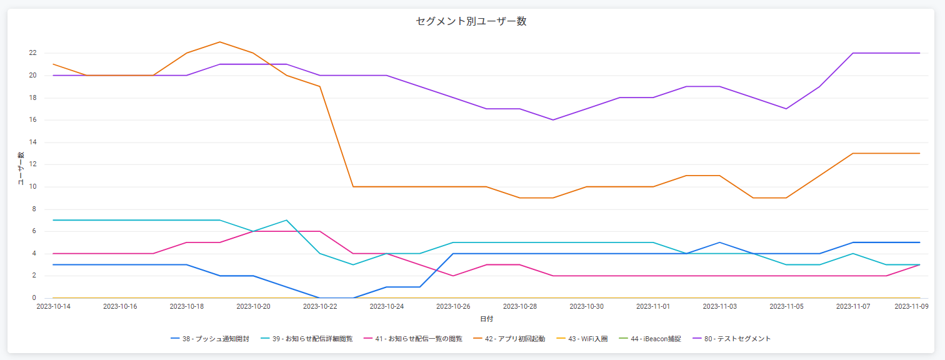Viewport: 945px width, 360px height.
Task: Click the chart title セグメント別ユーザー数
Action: tap(471, 21)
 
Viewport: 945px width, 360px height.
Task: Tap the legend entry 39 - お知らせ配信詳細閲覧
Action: tap(312, 339)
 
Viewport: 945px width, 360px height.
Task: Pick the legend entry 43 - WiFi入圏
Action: tap(587, 339)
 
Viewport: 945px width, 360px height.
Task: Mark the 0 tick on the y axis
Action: tap(34, 298)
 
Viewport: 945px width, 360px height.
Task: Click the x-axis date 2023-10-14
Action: tap(54, 307)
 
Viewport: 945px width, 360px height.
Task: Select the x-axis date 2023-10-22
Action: tap(320, 307)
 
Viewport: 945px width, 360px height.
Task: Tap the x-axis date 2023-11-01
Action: tap(653, 307)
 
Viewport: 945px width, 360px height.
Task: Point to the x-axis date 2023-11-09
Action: tap(911, 307)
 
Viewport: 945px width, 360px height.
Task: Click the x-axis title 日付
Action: tap(486, 319)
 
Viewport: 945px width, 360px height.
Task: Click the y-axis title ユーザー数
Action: tap(21, 169)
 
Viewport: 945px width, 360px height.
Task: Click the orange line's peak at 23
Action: tap(220, 42)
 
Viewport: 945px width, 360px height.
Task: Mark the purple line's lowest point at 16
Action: tap(553, 120)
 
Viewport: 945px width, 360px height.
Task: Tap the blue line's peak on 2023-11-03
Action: tap(719, 242)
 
